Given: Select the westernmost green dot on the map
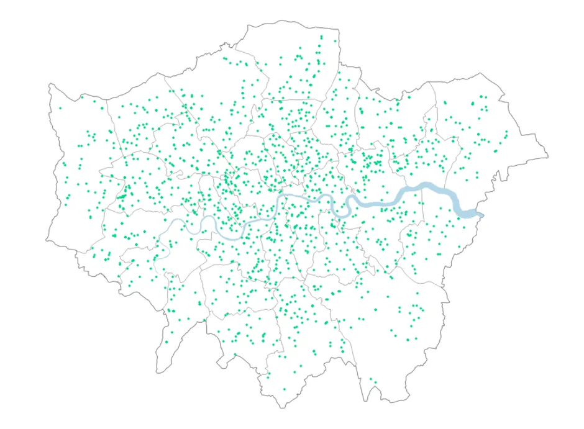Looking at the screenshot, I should [60, 108].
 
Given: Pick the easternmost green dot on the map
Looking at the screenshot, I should [507, 132].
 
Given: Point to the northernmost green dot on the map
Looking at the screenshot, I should [321, 37].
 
